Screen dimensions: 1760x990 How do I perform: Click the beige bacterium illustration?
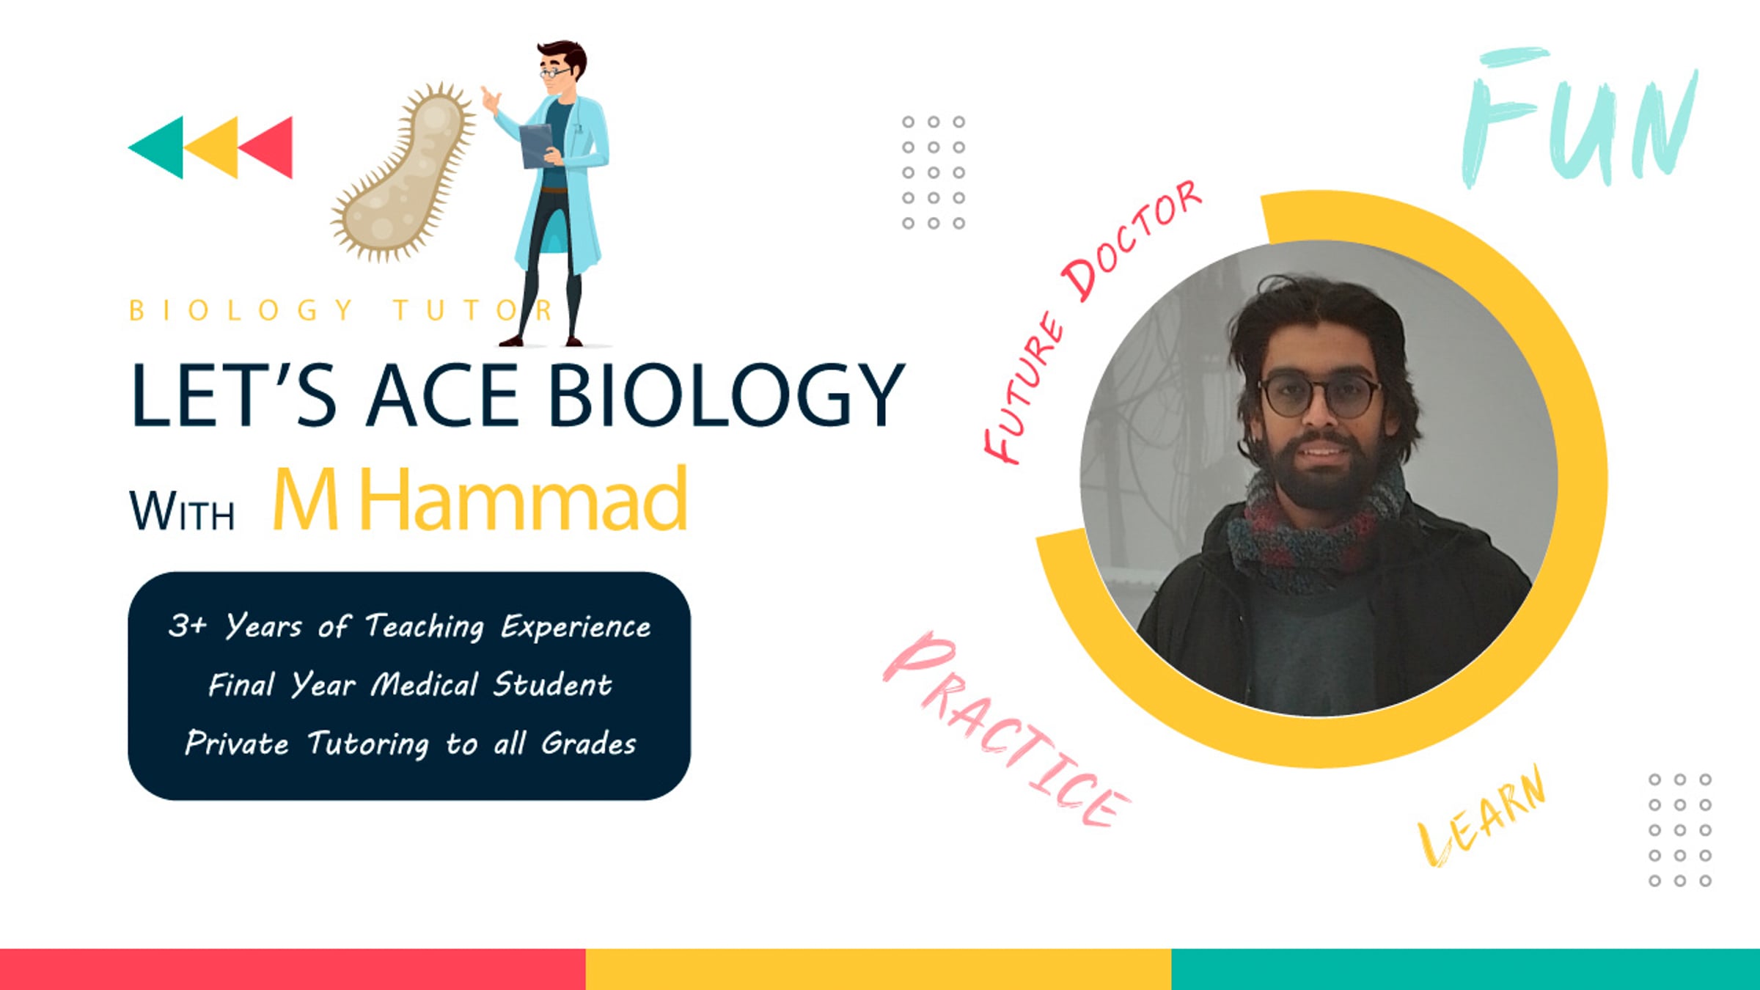click(x=402, y=173)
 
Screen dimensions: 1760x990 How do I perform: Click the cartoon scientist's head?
click(x=561, y=66)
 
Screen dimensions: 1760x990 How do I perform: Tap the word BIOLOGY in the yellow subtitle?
click(x=241, y=310)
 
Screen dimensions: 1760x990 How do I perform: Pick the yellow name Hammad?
click(x=524, y=499)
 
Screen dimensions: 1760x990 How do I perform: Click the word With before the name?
click(x=182, y=510)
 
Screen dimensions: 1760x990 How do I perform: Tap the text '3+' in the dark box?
click(x=188, y=626)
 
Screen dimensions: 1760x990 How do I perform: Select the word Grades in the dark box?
click(x=589, y=744)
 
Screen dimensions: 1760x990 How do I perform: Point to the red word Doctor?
click(x=1132, y=240)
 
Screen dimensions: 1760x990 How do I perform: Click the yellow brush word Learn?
click(x=1481, y=816)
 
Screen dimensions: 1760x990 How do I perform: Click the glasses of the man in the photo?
click(x=1320, y=396)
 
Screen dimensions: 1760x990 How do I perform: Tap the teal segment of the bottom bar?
click(x=1465, y=969)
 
